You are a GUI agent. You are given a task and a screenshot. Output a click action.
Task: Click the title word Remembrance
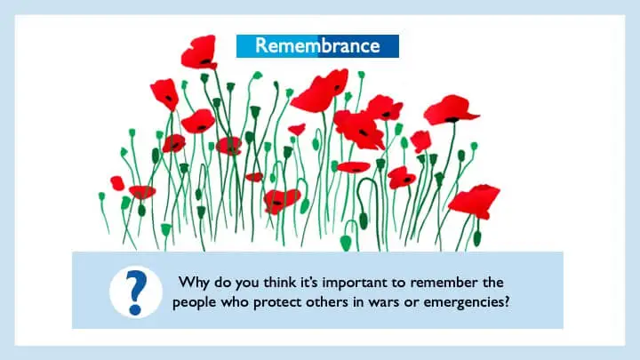click(317, 45)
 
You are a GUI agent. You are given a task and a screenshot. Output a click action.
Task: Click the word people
click(195, 303)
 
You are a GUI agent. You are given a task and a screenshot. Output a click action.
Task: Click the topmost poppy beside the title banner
click(200, 52)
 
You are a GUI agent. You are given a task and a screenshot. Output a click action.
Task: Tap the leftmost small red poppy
click(117, 184)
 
